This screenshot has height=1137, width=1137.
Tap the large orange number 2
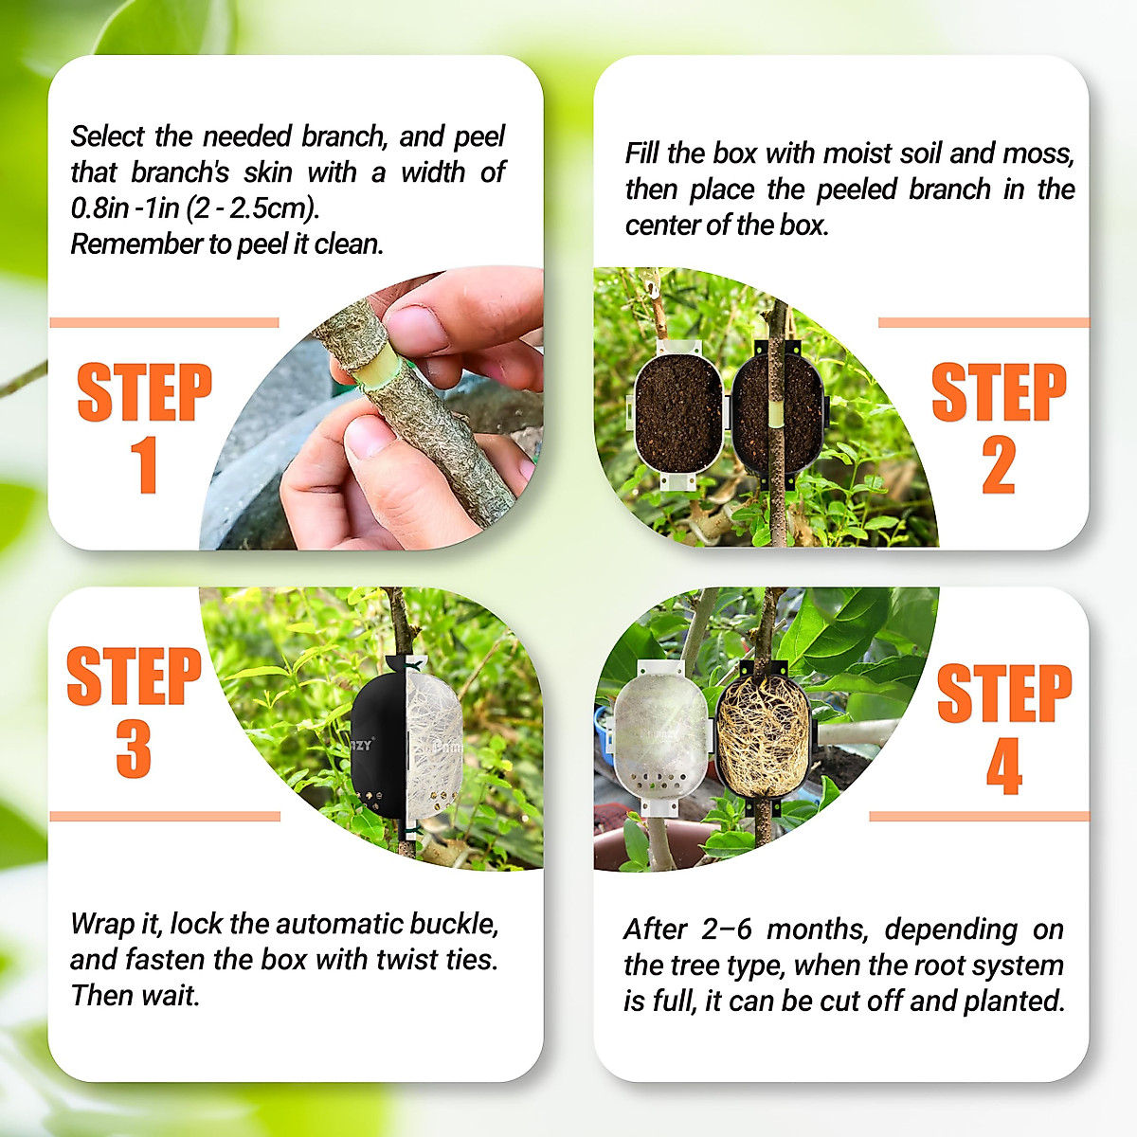point(999,465)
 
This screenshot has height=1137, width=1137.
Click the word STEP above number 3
point(134,677)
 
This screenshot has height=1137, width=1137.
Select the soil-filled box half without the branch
point(677,414)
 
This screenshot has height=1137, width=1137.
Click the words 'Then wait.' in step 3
point(135,996)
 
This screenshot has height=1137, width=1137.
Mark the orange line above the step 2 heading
point(983,323)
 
